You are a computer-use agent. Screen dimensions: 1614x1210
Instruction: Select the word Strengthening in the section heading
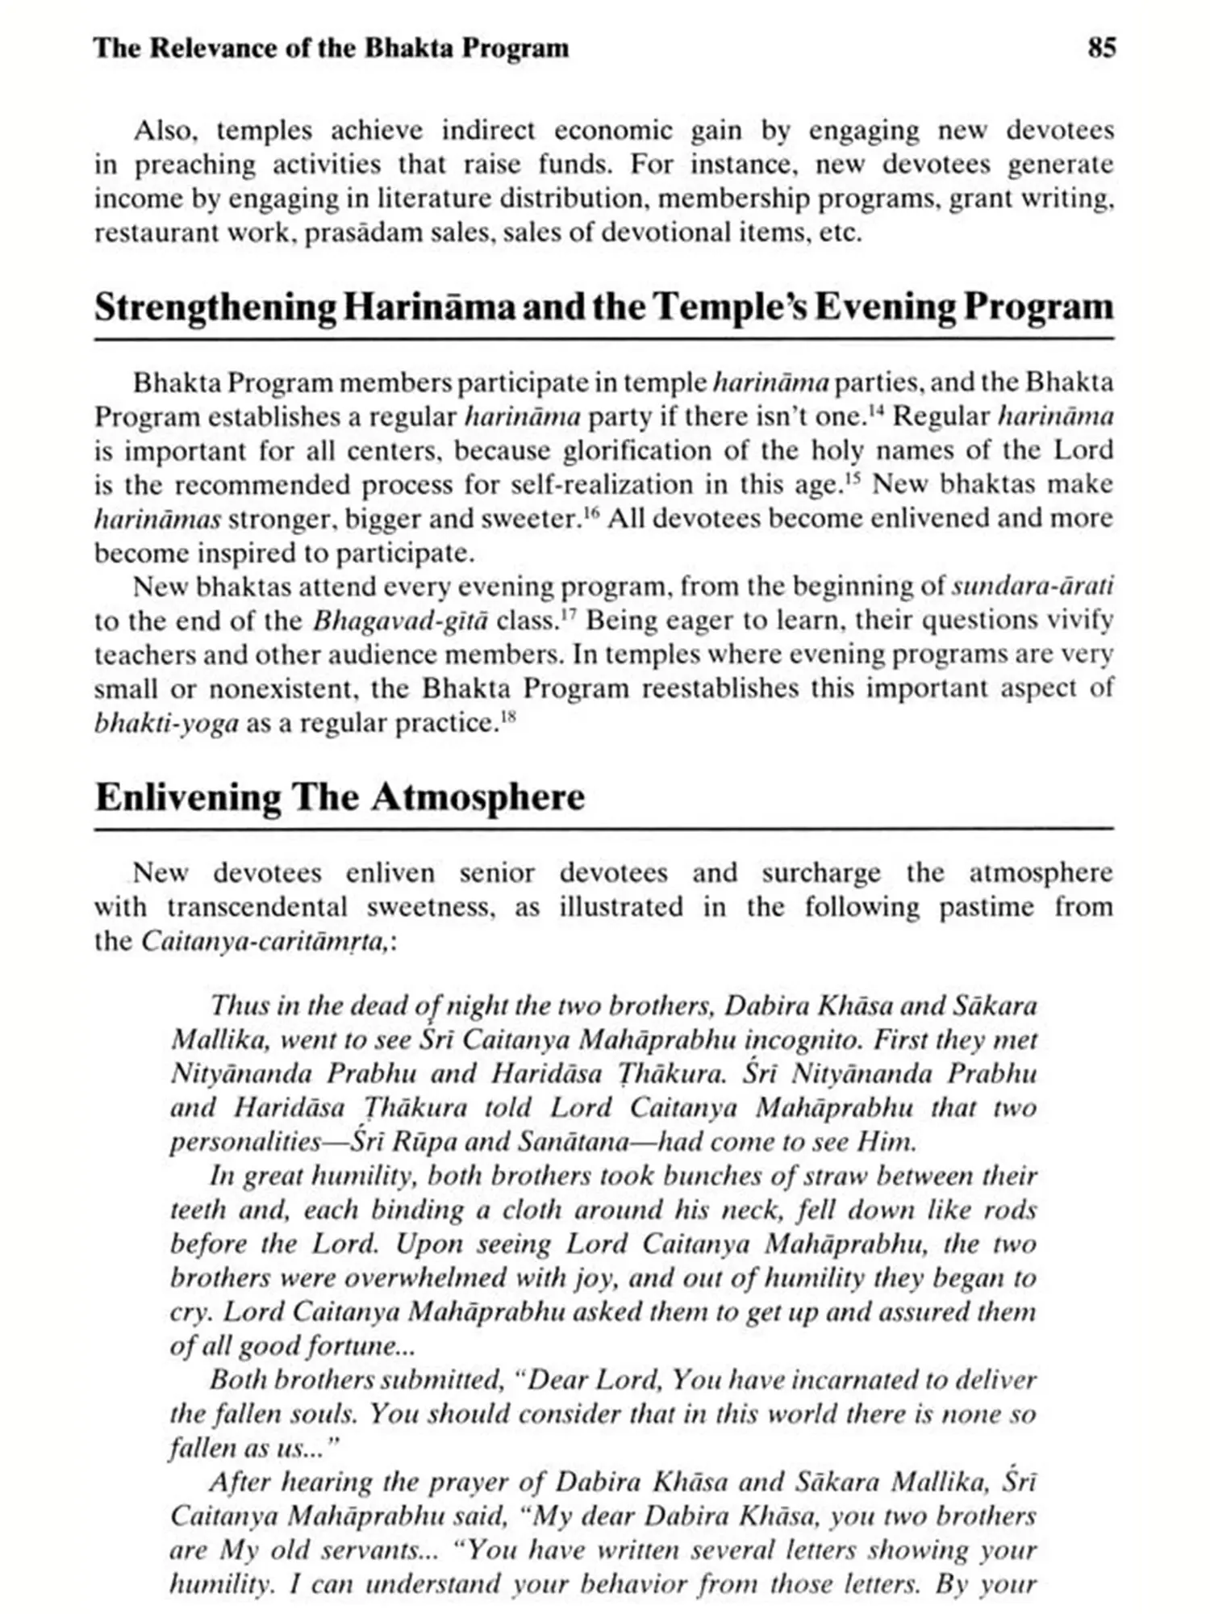click(x=215, y=308)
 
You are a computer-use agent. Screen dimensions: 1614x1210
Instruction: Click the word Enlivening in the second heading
click(x=188, y=797)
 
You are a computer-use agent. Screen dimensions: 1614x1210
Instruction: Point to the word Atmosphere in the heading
click(x=478, y=797)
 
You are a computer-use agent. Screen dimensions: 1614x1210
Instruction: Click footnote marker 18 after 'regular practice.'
click(x=507, y=715)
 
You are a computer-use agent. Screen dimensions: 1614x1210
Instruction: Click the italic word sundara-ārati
click(x=1033, y=586)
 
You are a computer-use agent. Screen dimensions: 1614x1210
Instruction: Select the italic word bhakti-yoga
click(x=166, y=723)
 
